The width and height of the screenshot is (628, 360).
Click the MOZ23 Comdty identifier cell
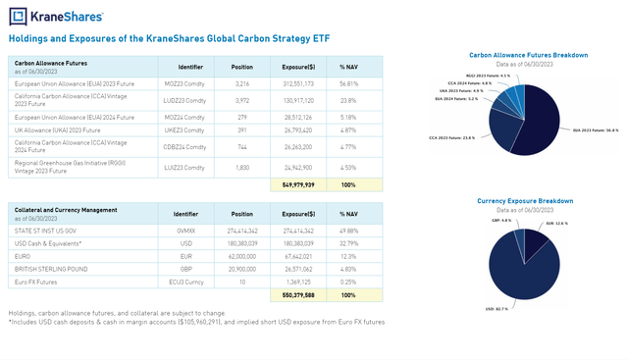[191, 83]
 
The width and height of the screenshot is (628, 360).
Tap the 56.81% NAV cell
[347, 83]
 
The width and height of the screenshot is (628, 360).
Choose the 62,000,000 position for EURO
[241, 254]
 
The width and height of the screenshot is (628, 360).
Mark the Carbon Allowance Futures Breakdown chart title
[528, 55]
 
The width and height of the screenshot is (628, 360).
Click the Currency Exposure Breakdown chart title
[526, 200]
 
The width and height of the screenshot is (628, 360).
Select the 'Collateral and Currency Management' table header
[58, 209]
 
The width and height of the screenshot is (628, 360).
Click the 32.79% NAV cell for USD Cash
[347, 241]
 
